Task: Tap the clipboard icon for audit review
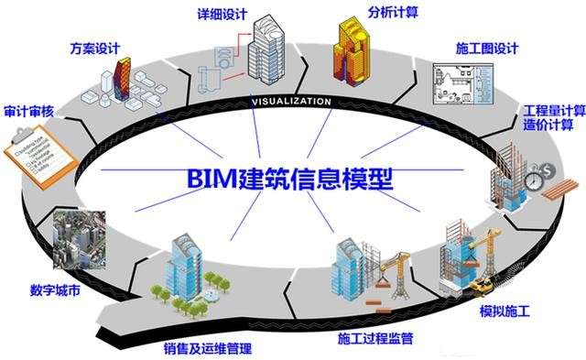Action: (x=36, y=150)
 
